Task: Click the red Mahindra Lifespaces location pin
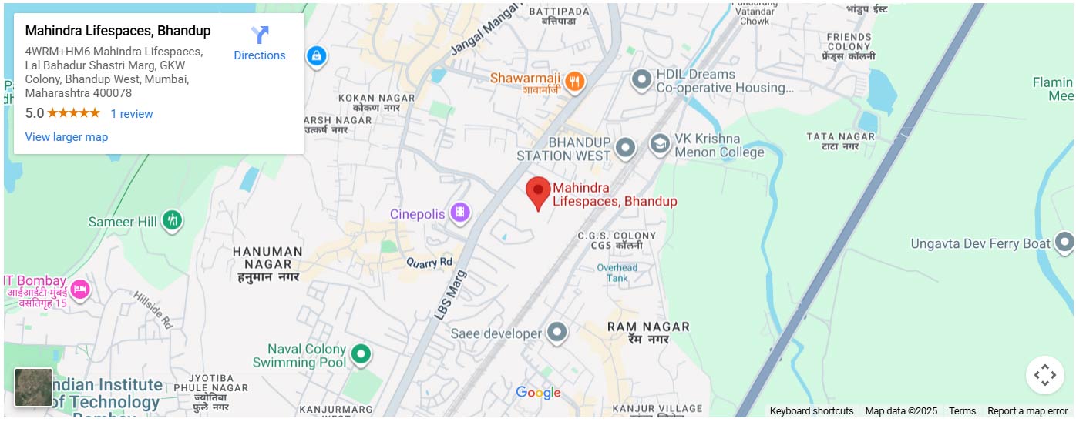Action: point(538,192)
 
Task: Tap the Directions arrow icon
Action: point(260,35)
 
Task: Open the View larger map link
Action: point(66,137)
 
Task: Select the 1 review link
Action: point(132,114)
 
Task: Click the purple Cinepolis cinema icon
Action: point(460,213)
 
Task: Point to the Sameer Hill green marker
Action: point(173,221)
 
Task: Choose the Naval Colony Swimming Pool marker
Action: point(361,354)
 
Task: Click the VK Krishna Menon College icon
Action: point(659,144)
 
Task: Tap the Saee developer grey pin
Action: point(556,333)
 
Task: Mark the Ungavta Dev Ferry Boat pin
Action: point(1064,243)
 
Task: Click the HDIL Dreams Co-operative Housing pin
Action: point(641,79)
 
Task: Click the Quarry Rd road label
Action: point(429,263)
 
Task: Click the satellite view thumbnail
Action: point(34,387)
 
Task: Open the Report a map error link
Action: point(1027,411)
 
